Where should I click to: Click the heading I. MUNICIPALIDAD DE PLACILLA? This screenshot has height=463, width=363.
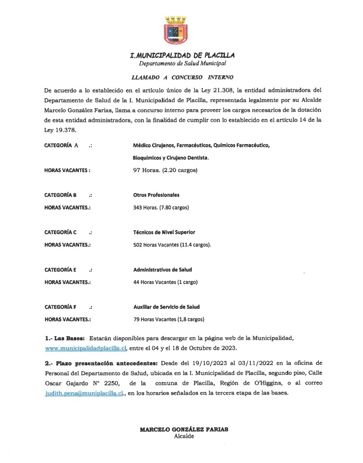pos(182,55)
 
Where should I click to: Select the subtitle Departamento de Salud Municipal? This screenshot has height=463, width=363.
pos(182,63)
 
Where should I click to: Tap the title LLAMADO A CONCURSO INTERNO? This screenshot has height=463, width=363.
pos(182,77)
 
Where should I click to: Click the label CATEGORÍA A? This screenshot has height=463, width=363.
pos(61,145)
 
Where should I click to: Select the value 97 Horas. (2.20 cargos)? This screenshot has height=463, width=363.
pos(165,170)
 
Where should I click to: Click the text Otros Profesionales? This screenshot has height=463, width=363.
pos(156,195)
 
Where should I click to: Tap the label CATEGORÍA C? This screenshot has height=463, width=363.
pos(60,232)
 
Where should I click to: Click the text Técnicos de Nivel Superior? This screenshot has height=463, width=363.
pos(164,232)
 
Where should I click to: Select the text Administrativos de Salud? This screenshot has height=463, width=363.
pos(162,270)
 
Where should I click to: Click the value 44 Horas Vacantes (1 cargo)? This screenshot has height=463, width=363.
pos(166,282)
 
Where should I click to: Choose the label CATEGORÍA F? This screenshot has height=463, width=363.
pos(60,307)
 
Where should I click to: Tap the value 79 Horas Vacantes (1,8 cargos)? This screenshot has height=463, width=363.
pos(169,319)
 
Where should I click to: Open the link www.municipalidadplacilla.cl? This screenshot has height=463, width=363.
pos(86,348)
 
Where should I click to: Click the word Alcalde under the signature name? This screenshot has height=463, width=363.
pos(184,436)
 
